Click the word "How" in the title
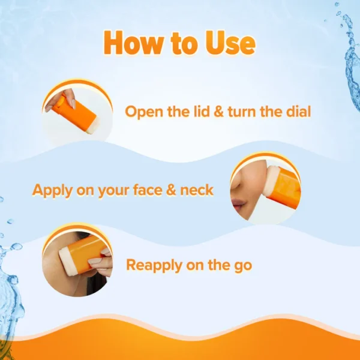tap(134, 43)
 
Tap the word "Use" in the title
tap(230, 43)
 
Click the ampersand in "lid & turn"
tap(219, 112)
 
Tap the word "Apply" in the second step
tap(52, 191)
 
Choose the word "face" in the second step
tap(148, 190)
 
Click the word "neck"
tap(197, 190)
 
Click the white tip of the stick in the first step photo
tap(93, 127)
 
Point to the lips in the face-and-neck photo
tap(238, 203)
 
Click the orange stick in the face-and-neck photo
tap(284, 188)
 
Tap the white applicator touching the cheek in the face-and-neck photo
tap(271, 181)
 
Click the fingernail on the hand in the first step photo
tap(73, 104)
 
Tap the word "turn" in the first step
tap(242, 112)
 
